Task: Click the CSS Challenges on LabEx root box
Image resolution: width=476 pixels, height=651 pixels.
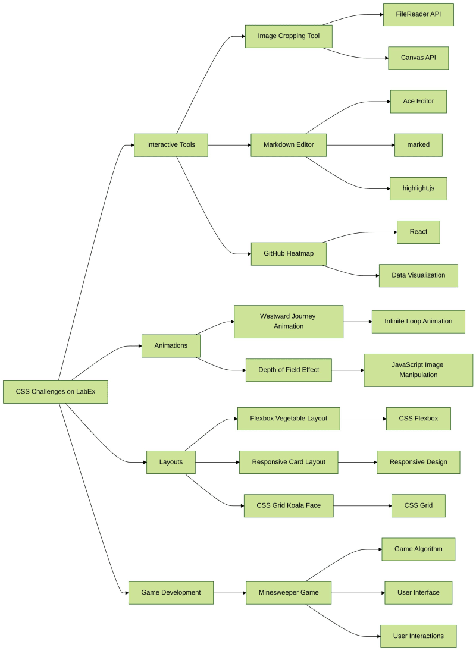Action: [55, 392]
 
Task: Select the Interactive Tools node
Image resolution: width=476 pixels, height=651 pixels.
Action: [171, 145]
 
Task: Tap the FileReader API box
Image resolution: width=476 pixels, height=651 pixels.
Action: [418, 14]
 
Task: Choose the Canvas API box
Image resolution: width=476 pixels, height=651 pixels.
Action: [418, 58]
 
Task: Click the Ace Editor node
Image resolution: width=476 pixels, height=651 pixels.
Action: [418, 102]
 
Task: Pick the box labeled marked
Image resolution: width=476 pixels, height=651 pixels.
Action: [418, 145]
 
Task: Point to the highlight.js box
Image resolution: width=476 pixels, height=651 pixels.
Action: [418, 188]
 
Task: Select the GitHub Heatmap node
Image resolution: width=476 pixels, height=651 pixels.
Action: [289, 254]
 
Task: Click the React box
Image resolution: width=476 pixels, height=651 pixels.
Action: [418, 232]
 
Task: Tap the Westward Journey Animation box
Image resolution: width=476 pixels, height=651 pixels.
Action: [289, 322]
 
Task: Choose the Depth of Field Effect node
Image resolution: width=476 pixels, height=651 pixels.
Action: [289, 370]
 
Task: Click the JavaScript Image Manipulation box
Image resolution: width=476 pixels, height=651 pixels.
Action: [418, 370]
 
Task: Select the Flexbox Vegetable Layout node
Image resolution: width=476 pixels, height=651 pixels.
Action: [289, 419]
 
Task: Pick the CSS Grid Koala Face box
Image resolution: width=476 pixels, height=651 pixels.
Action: [289, 505]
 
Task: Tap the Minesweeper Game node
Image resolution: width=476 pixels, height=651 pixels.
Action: [289, 593]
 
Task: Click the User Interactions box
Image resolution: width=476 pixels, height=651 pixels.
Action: [418, 636]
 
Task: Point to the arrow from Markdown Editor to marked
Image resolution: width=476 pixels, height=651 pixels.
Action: [361, 145]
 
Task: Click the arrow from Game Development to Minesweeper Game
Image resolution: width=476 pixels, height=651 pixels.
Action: [230, 593]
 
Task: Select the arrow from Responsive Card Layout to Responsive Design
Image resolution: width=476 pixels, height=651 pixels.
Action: [357, 462]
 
